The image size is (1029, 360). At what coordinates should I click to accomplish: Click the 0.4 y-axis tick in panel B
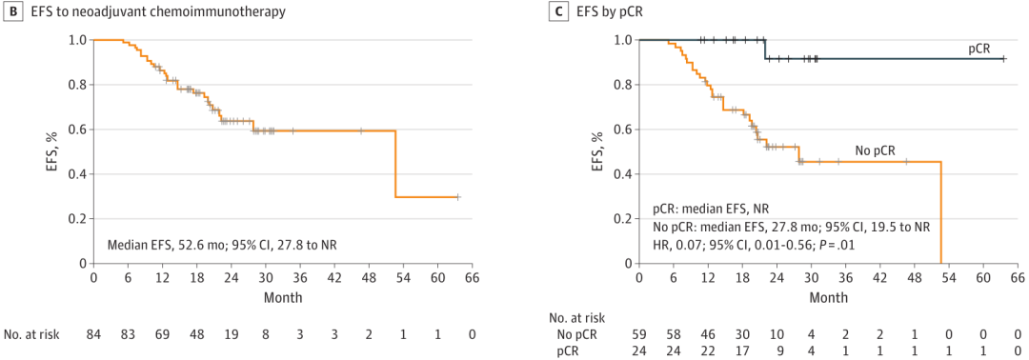coord(78,174)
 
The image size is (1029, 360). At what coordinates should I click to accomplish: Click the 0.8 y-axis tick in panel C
coord(623,85)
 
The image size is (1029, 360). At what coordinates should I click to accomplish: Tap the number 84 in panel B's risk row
coord(93,333)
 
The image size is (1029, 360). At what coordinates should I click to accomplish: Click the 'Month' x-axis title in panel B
coord(283,297)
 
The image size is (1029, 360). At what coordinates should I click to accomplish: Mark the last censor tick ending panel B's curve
coord(457,197)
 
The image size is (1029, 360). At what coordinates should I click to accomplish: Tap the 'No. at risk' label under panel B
coord(31,333)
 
